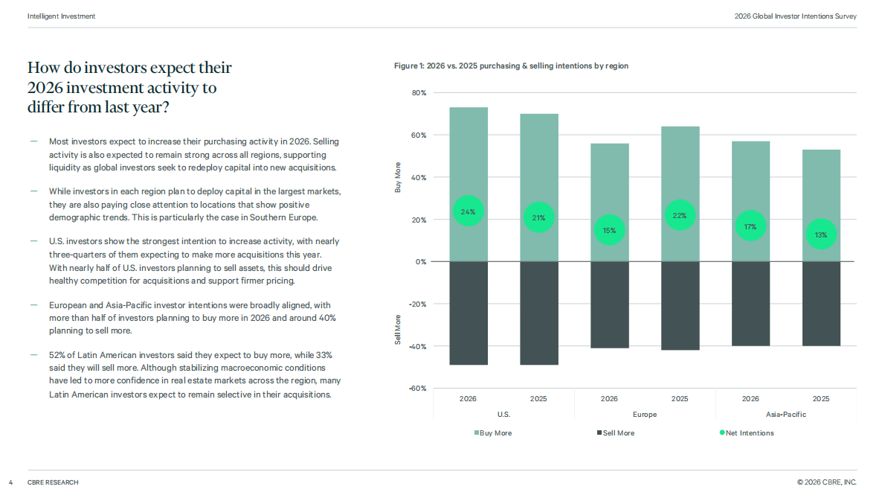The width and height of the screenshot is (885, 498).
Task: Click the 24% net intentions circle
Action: pos(468,211)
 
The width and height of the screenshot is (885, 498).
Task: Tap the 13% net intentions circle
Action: pos(820,234)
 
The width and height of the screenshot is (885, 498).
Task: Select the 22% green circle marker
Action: pos(680,215)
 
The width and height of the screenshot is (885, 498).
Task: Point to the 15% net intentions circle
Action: pos(609,230)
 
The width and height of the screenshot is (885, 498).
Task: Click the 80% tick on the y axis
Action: pos(419,92)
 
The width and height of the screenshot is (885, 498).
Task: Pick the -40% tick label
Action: pos(418,346)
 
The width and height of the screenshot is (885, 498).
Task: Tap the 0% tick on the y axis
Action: pos(420,261)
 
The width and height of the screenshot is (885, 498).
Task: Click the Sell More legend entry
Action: pos(616,433)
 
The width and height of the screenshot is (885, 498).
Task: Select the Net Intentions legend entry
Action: pos(747,433)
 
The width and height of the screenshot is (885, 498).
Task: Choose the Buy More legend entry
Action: pos(493,433)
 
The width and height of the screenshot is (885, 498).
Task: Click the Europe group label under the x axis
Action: pos(645,415)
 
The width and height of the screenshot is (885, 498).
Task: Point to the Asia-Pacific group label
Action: pos(785,415)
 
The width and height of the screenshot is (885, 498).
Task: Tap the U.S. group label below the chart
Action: pos(503,415)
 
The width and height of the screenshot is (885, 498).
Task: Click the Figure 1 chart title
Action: pos(511,66)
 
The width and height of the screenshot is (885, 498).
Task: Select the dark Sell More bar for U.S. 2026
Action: pos(469,313)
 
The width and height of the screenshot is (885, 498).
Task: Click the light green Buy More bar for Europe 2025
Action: pos(680,194)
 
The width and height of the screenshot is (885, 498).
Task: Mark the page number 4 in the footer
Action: pos(10,482)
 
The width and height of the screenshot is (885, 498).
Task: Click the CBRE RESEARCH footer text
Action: pos(53,482)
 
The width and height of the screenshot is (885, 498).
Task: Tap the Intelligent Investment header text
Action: pos(61,16)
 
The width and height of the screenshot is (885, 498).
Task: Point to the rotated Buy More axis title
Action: pos(397,177)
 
